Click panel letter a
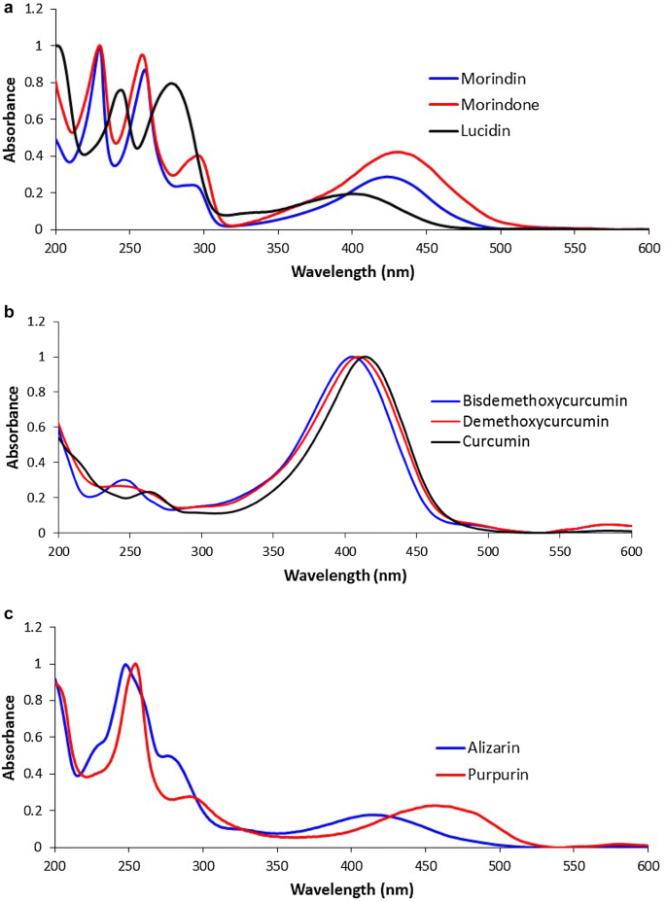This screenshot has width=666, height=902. [7, 7]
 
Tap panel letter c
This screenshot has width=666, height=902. [7, 616]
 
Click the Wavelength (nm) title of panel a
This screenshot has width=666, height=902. [352, 271]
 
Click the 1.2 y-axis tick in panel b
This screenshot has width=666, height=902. [39, 322]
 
